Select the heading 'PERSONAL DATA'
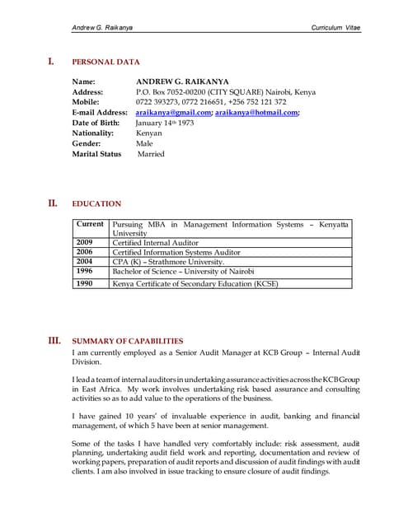click(106, 62)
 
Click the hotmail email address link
click(256, 113)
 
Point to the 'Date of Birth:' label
click(98, 123)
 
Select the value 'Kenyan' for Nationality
click(150, 133)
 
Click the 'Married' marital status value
click(151, 154)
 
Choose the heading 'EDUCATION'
click(96, 203)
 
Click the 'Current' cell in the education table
click(90, 224)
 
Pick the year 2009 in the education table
click(85, 243)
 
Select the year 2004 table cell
click(85, 262)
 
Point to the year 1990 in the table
click(85, 283)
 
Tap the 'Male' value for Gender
click(145, 143)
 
